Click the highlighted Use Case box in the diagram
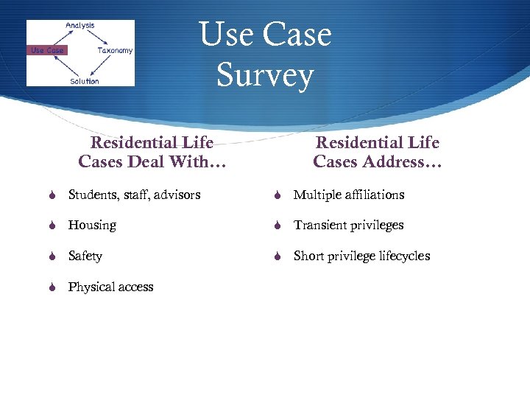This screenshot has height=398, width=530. pyautogui.click(x=47, y=50)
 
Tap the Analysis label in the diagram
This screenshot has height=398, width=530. pyautogui.click(x=79, y=26)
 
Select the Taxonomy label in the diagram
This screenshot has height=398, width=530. pyautogui.click(x=115, y=50)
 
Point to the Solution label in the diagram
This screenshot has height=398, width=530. pyautogui.click(x=84, y=80)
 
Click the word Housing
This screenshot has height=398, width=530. pyautogui.click(x=92, y=225)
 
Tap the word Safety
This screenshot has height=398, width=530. pyautogui.click(x=85, y=256)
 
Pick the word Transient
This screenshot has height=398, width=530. pyautogui.click(x=319, y=225)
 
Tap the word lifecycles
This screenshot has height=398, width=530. pyautogui.click(x=402, y=256)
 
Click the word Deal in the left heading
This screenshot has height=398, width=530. pyautogui.click(x=152, y=161)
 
